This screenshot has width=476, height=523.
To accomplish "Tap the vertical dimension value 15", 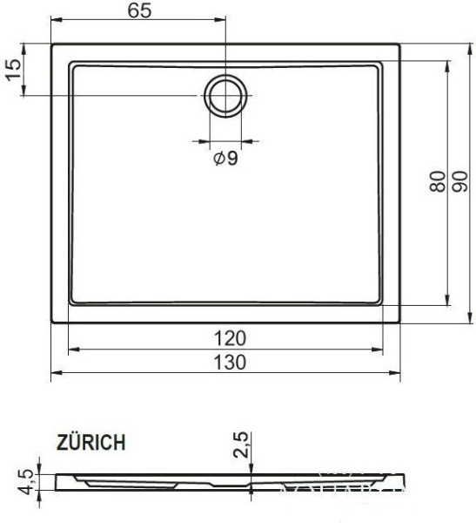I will pyautogui.click(x=12, y=69).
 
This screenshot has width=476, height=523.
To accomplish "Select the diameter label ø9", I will pyautogui.click(x=225, y=159).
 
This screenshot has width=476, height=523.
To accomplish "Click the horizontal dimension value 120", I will pyautogui.click(x=225, y=338).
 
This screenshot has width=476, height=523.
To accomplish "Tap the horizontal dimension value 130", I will pyautogui.click(x=225, y=362).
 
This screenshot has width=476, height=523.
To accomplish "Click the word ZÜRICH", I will pyautogui.click(x=95, y=443).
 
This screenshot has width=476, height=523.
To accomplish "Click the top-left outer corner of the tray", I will pyautogui.click(x=51, y=44).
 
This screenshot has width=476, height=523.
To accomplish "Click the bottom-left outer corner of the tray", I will pyautogui.click(x=51, y=323).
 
